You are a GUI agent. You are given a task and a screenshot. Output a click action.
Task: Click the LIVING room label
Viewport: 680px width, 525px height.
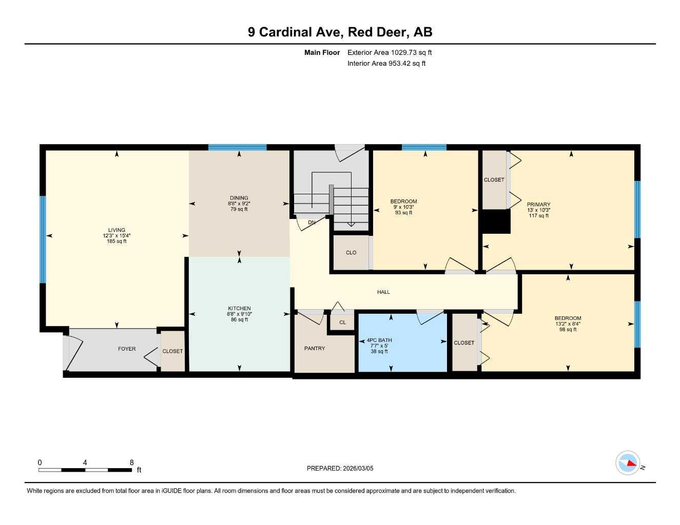[116, 230]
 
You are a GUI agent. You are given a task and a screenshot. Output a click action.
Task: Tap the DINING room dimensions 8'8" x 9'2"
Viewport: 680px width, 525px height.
[239, 204]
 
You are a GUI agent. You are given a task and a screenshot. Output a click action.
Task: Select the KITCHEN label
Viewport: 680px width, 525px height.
[239, 308]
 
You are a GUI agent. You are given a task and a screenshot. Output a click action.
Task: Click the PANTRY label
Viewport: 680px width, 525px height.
[315, 348]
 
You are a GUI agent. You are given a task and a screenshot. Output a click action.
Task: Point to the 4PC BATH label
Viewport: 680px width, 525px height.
[379, 340]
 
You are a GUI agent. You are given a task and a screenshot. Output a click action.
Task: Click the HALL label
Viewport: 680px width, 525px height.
[383, 292]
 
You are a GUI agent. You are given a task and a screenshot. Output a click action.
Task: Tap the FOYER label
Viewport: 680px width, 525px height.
[127, 349]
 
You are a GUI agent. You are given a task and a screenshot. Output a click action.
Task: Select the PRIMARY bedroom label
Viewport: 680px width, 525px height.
[538, 204]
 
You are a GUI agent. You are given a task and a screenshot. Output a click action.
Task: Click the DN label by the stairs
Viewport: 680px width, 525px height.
[312, 223]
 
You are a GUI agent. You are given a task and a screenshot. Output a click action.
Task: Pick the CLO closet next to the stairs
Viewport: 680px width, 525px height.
[351, 252]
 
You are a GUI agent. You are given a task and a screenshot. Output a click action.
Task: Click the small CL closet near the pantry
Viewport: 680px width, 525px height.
[342, 322]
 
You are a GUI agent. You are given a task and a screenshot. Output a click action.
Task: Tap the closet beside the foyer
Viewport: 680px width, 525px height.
[172, 351]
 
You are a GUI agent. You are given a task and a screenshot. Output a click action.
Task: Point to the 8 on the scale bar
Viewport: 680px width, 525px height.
[132, 462]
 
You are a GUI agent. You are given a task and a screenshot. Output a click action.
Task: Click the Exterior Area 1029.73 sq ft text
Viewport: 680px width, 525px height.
[390, 52]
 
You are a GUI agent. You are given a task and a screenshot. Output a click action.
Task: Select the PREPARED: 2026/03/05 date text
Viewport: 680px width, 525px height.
[340, 468]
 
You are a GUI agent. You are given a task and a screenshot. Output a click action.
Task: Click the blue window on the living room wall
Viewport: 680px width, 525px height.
[43, 239]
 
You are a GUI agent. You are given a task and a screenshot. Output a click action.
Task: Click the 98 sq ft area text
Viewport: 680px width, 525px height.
[568, 330]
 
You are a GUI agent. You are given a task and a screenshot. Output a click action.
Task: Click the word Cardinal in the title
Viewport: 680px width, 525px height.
[300, 32]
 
